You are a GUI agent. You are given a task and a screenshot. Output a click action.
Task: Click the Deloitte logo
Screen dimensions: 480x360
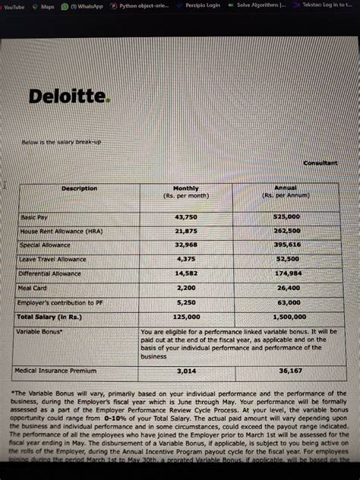pyautogui.click(x=69, y=96)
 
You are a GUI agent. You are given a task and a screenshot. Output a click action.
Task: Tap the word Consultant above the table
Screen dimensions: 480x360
pyautogui.click(x=320, y=163)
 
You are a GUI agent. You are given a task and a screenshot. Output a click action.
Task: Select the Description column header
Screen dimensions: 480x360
pyautogui.click(x=79, y=188)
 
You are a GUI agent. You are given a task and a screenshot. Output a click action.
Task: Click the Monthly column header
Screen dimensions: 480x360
pyautogui.click(x=186, y=188)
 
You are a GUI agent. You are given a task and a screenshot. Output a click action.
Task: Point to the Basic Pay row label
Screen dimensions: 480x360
pyautogui.click(x=33, y=217)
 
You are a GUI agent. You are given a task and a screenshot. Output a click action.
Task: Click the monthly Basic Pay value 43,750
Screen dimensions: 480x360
pyautogui.click(x=186, y=217)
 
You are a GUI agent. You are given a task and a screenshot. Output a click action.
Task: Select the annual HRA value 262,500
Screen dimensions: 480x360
pyautogui.click(x=287, y=231)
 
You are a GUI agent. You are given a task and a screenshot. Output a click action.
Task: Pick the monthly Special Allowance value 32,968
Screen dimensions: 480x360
pyautogui.click(x=186, y=245)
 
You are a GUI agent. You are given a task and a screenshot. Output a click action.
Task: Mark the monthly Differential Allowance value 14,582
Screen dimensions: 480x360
pyautogui.click(x=186, y=273)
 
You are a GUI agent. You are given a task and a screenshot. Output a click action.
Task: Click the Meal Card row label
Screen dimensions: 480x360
pyautogui.click(x=33, y=288)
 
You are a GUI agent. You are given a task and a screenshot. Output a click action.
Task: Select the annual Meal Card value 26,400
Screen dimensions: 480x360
pyautogui.click(x=288, y=288)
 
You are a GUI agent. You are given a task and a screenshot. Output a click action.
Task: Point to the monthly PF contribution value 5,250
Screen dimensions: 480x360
pyautogui.click(x=186, y=302)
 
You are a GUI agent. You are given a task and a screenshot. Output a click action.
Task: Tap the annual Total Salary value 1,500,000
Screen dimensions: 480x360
pyautogui.click(x=288, y=317)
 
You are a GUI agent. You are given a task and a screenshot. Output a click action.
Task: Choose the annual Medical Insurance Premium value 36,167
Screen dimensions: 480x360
pyautogui.click(x=289, y=371)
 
